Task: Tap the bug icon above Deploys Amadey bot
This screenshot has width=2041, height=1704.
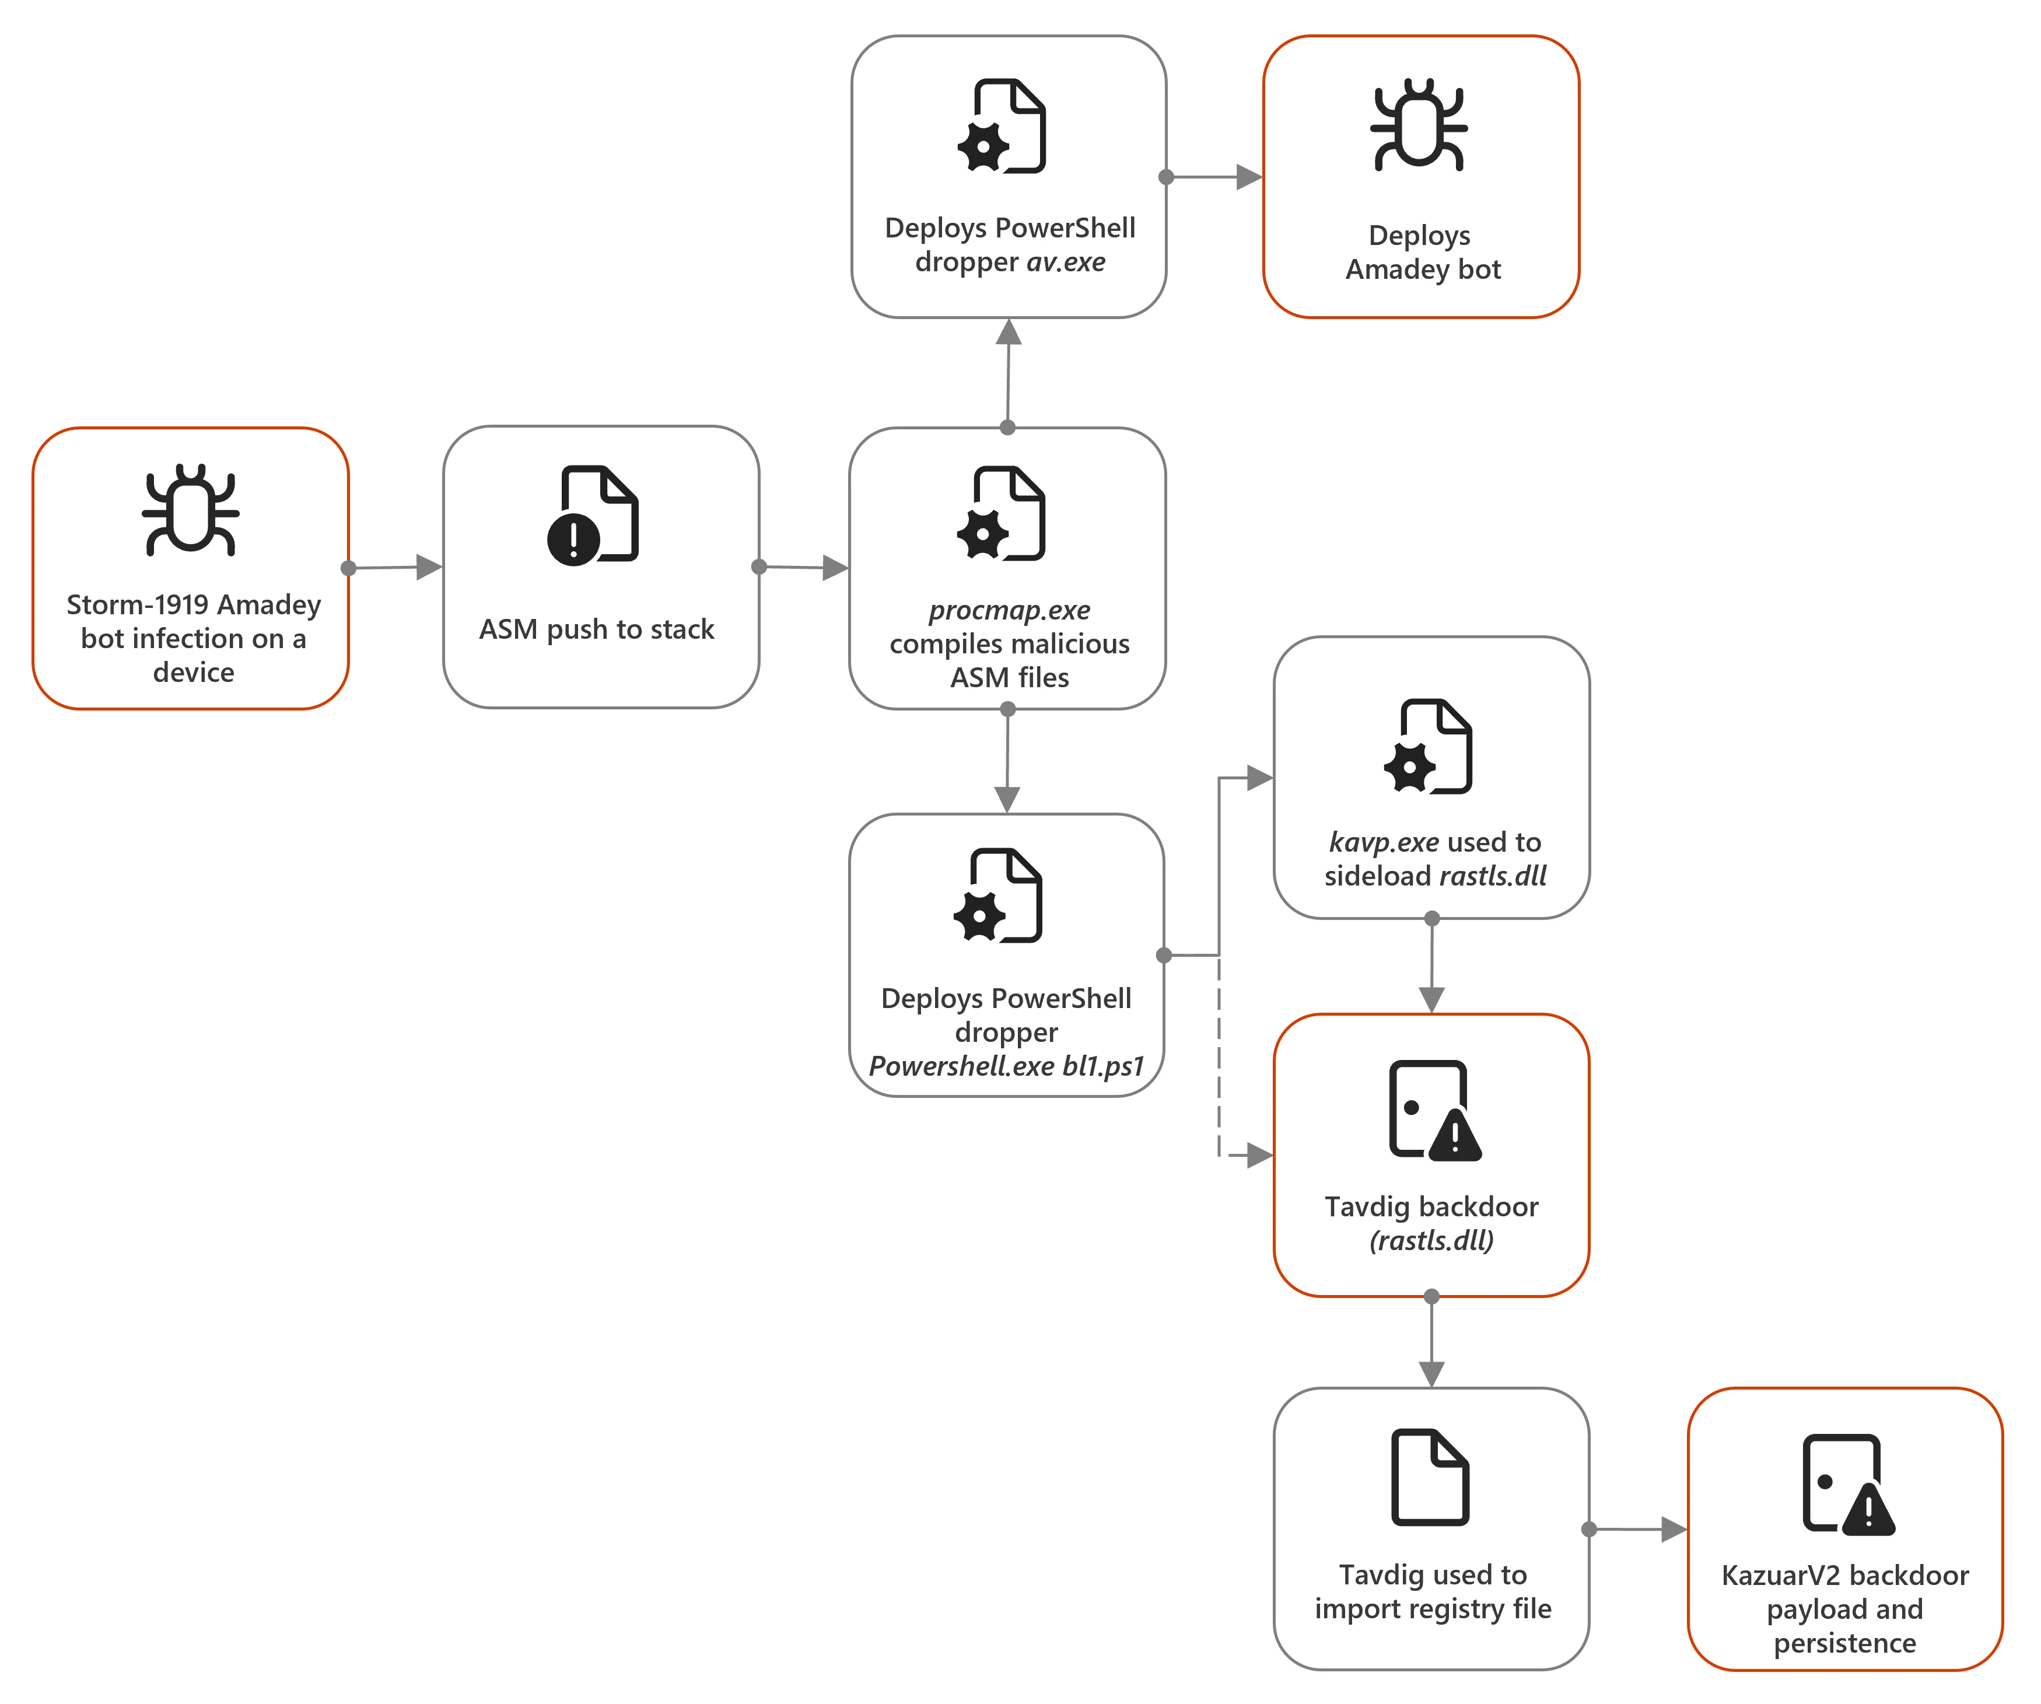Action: [1419, 124]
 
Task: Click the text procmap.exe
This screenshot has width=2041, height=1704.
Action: [1009, 610]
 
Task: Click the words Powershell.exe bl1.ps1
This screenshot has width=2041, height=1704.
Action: [1006, 1066]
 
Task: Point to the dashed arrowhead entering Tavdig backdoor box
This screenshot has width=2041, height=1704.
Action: [1259, 1156]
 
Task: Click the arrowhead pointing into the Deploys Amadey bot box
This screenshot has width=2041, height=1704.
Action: [1248, 177]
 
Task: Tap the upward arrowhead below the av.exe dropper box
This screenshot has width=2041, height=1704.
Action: [1009, 333]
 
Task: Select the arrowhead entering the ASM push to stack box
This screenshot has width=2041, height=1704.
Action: [429, 566]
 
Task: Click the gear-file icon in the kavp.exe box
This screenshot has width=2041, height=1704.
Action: [1428, 747]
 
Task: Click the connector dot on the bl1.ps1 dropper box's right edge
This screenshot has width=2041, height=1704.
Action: [1163, 956]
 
